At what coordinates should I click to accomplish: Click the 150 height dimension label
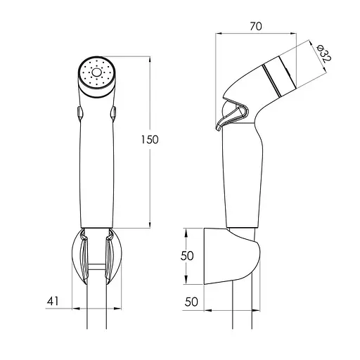pyautogui.click(x=150, y=140)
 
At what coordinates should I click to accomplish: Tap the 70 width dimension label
pyautogui.click(x=256, y=26)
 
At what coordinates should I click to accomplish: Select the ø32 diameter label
pyautogui.click(x=323, y=54)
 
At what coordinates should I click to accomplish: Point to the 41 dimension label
pyautogui.click(x=53, y=301)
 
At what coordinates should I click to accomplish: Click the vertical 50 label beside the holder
pyautogui.click(x=187, y=256)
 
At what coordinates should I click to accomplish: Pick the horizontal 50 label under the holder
pyautogui.click(x=191, y=302)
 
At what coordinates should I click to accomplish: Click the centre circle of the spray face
pyautogui.click(x=96, y=72)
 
